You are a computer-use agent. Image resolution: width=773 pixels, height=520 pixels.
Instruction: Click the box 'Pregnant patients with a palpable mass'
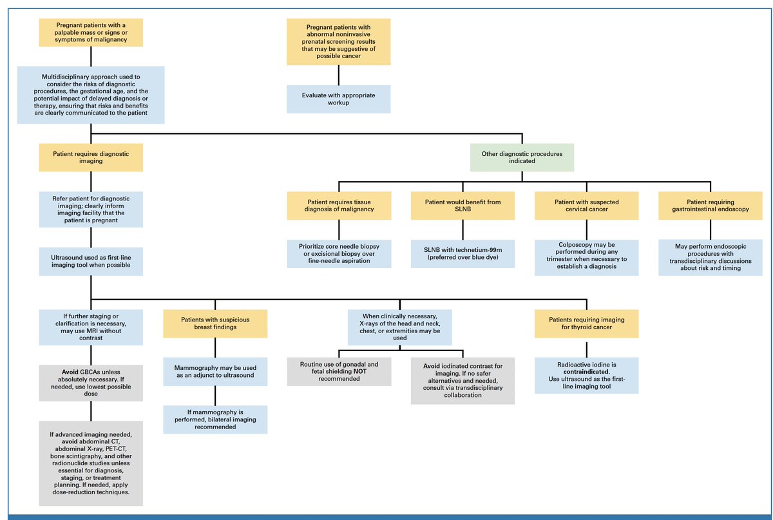pos(91,32)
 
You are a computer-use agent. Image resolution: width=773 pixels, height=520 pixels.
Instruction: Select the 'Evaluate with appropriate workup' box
pos(338,99)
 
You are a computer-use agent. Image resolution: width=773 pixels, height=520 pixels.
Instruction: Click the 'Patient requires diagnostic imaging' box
pos(91,157)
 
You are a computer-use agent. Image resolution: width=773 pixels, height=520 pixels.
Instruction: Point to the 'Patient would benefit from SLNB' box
pos(463,206)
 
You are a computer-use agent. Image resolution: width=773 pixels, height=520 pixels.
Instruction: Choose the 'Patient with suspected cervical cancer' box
pos(586,206)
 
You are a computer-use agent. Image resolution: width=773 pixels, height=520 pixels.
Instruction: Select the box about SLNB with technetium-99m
pos(463,254)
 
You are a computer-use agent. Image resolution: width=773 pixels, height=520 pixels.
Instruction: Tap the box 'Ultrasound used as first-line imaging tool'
pos(91,262)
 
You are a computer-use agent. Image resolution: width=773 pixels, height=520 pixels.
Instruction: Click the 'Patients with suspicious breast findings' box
pos(215,323)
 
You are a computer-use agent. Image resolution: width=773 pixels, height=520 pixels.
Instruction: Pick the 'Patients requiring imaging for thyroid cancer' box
pos(586,323)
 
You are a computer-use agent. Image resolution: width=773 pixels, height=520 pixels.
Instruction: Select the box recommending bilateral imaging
pos(215,419)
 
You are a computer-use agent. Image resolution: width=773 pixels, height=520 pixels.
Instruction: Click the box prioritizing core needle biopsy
pos(338,254)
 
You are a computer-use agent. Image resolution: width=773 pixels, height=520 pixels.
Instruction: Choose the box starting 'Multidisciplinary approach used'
pos(91,95)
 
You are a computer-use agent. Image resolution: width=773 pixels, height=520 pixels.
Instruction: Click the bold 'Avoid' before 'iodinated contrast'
pos(432,366)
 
